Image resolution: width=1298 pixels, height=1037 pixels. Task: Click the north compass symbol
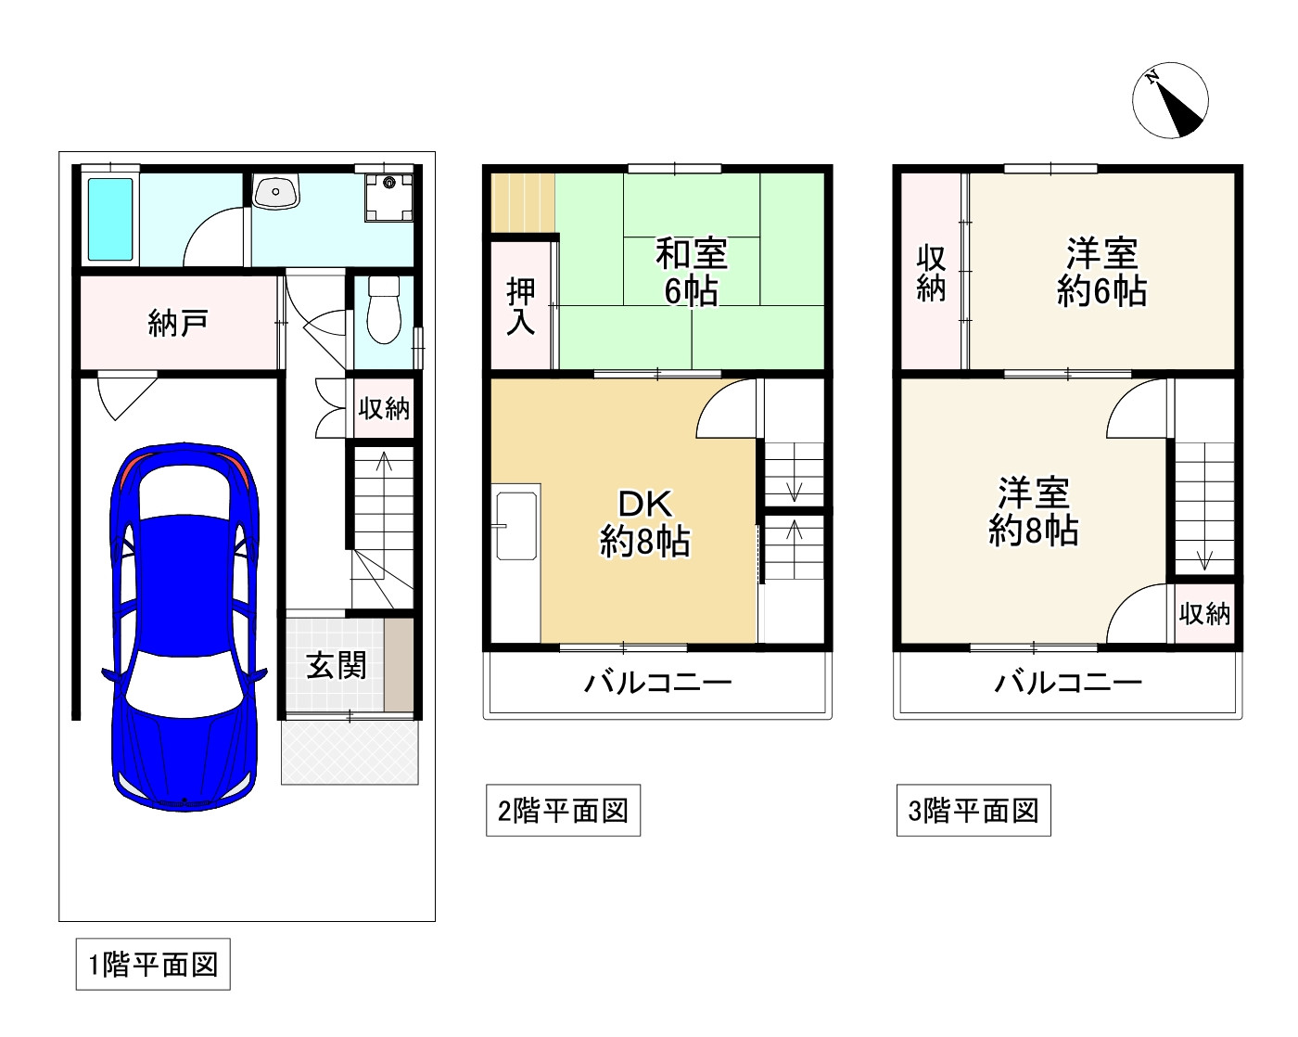(1171, 100)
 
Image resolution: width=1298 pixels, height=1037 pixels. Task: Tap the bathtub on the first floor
(110, 219)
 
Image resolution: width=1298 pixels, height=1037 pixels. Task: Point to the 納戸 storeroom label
(178, 324)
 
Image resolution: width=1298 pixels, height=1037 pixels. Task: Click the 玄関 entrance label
(337, 665)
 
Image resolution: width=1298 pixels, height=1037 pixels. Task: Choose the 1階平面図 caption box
(153, 965)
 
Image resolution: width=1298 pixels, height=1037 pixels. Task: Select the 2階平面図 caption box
(563, 811)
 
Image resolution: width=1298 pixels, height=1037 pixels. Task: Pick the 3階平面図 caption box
(973, 811)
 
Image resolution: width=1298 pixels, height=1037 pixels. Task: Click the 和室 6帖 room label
(692, 272)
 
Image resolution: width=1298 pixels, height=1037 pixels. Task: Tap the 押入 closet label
(521, 305)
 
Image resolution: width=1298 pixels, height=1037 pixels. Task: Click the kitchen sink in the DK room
(516, 526)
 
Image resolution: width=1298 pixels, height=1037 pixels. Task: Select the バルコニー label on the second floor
(657, 684)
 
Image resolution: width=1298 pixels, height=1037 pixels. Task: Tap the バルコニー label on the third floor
(1068, 684)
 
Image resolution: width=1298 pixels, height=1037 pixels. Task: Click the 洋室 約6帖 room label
(1101, 272)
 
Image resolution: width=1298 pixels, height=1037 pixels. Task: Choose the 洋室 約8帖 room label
(1033, 511)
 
